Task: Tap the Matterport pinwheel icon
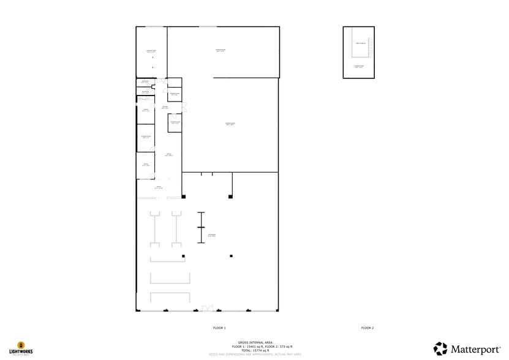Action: point(441,349)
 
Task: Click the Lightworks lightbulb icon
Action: point(21,345)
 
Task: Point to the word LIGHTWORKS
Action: point(21,352)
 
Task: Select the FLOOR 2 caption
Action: point(368,328)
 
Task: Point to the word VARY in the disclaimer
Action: point(296,354)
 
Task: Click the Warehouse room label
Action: point(211,236)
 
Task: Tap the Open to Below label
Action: point(361,43)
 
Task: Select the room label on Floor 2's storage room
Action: point(359,66)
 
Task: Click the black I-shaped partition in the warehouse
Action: point(200,228)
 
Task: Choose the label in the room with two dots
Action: point(151,51)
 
